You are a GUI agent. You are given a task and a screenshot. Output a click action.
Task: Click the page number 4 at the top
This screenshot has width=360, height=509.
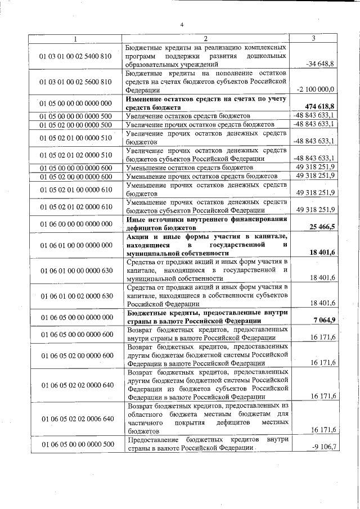coord(182,24)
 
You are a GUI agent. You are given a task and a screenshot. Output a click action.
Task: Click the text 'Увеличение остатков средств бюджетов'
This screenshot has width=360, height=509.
coord(188,116)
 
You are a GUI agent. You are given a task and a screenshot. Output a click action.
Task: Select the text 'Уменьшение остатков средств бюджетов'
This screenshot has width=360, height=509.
coord(190,168)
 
